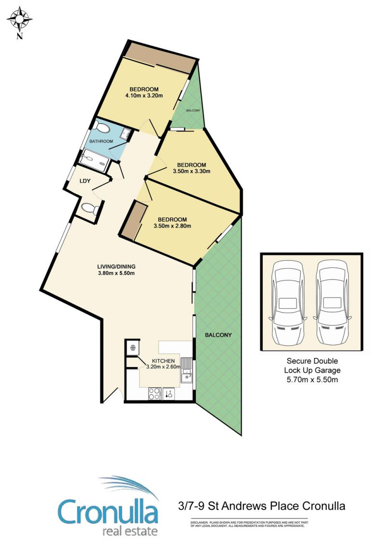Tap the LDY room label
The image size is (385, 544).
tap(85, 181)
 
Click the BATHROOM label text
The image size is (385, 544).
tap(101, 141)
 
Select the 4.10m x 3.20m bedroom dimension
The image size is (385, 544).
tap(144, 95)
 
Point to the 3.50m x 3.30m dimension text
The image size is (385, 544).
tap(191, 171)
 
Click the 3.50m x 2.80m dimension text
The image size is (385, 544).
tap(172, 226)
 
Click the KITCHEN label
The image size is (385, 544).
tap(163, 361)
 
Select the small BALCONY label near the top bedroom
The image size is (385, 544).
tap(193, 110)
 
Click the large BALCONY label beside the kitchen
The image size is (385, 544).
tap(218, 335)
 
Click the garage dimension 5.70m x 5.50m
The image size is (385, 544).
tap(312, 380)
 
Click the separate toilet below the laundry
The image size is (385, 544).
tap(90, 209)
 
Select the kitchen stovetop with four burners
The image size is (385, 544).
tap(154, 394)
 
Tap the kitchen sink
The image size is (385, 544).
tap(186, 370)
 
